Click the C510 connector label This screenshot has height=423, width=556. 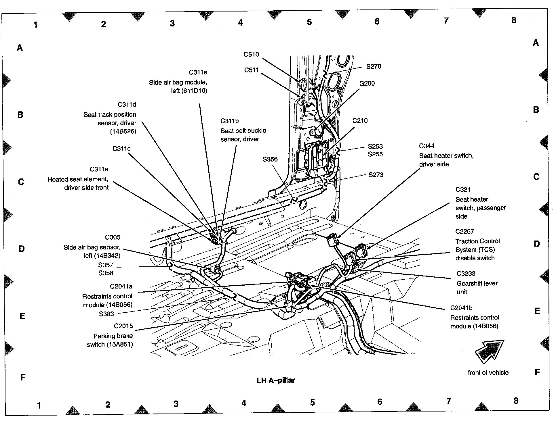coord(251,55)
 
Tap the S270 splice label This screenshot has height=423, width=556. coord(374,67)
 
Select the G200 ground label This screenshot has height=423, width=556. coord(367,84)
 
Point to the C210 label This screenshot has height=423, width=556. coord(360,121)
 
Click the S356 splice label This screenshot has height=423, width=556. coord(270,159)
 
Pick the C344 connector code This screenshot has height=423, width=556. coord(426,146)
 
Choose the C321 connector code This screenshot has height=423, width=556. coord(463,190)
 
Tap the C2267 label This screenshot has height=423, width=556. coord(464,232)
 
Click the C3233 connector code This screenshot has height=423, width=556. coord(466,274)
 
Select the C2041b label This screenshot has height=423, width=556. coord(461,308)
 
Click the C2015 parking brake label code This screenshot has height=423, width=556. coord(123,326)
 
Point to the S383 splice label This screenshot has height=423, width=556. coord(106,314)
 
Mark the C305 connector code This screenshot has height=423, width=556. coord(113,237)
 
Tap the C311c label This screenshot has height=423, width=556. coord(121,149)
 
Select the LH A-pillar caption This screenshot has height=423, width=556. coord(276,380)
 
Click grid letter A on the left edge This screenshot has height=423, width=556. coord(20,48)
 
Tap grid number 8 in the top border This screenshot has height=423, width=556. coord(514,20)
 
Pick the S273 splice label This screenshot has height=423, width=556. coord(376,175)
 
